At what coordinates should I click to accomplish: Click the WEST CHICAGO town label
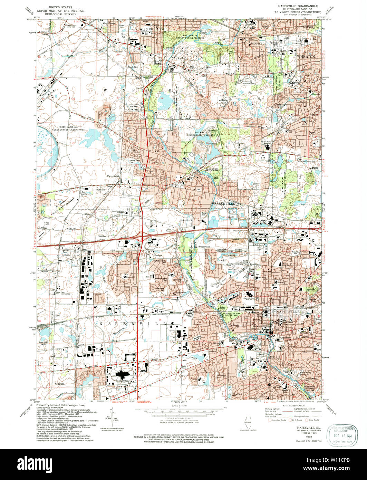[148, 29]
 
